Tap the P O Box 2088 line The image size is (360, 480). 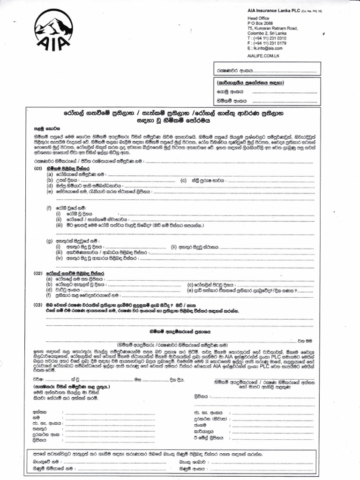click(x=259, y=23)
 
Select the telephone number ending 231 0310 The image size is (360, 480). click(x=269, y=38)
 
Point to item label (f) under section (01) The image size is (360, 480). click(x=49, y=207)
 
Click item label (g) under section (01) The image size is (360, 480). click(x=49, y=240)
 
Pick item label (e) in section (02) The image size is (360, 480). click(x=190, y=290)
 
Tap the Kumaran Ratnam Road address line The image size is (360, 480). click(x=272, y=28)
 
